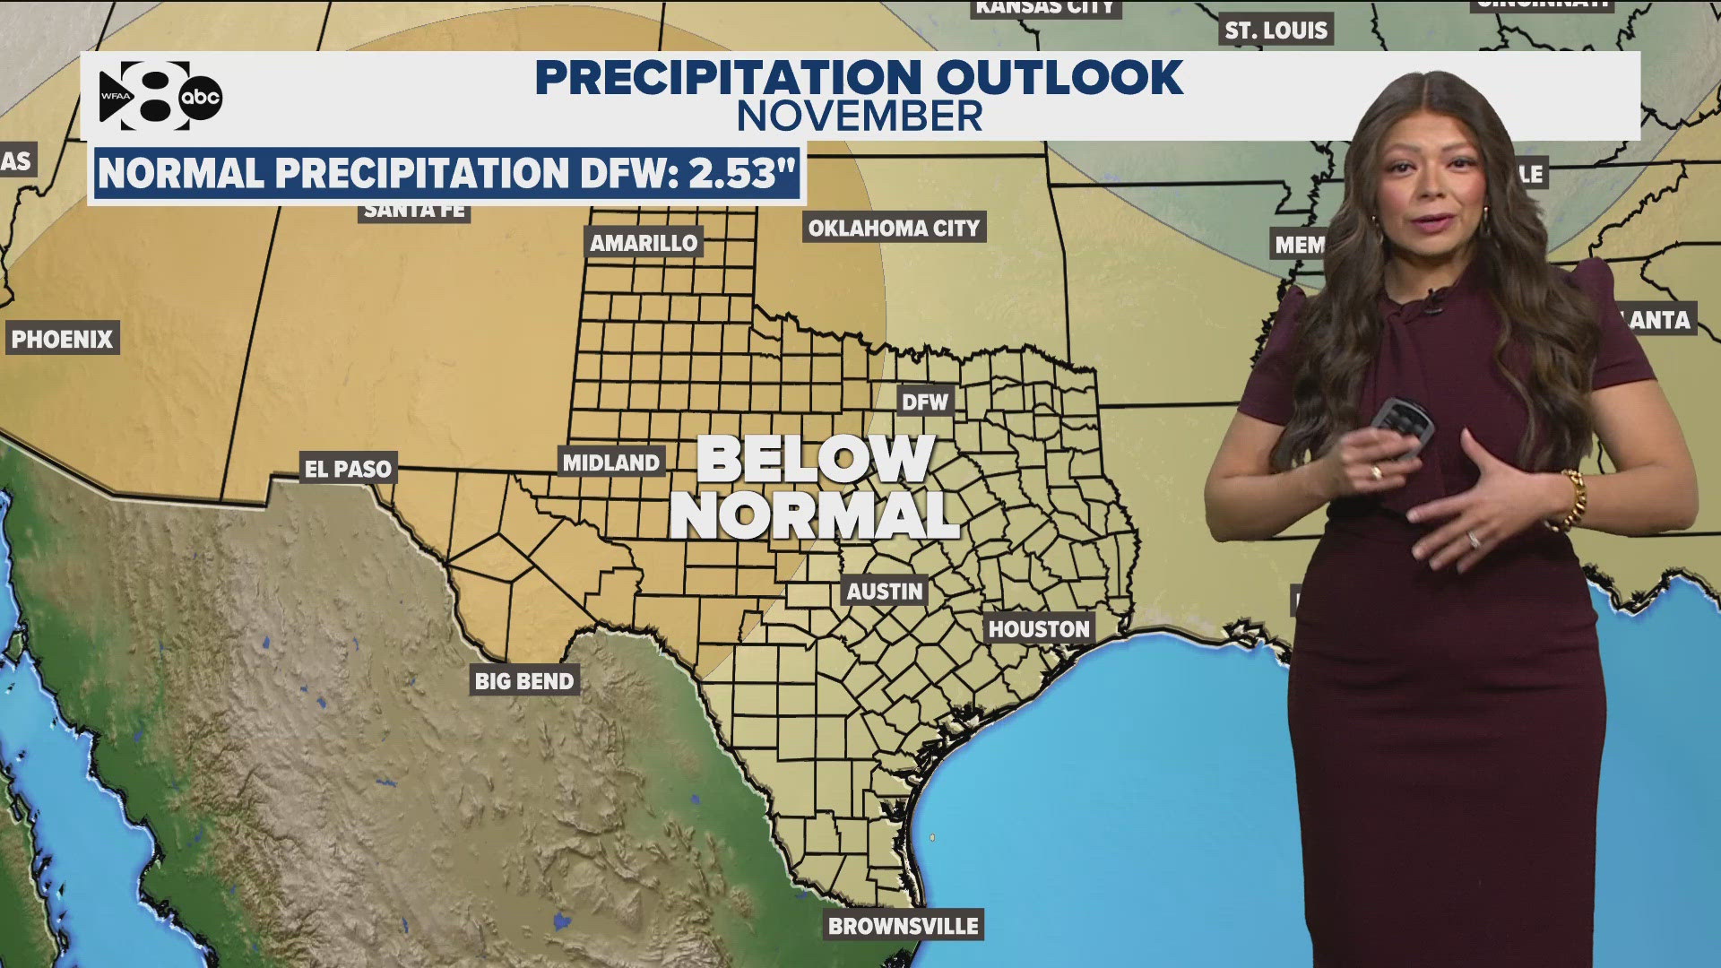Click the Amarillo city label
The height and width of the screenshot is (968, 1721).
click(643, 242)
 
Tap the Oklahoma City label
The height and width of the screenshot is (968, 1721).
click(894, 228)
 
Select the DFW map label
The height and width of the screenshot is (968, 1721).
click(924, 402)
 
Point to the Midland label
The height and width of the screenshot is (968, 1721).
click(611, 462)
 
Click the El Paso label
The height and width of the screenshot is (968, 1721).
click(348, 468)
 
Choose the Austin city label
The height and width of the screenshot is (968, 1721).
click(884, 592)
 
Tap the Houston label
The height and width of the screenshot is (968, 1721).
click(1038, 629)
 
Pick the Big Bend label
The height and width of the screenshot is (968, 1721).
click(524, 681)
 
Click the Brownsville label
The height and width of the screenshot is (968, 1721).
click(903, 926)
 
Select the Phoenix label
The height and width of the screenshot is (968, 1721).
click(62, 339)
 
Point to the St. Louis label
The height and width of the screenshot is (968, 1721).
click(1276, 30)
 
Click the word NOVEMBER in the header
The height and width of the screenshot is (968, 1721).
click(860, 117)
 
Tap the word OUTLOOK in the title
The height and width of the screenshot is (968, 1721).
click(1059, 77)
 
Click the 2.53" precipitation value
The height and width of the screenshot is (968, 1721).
click(742, 173)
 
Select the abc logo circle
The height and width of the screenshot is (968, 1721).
click(200, 98)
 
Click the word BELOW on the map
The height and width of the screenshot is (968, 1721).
click(815, 459)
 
